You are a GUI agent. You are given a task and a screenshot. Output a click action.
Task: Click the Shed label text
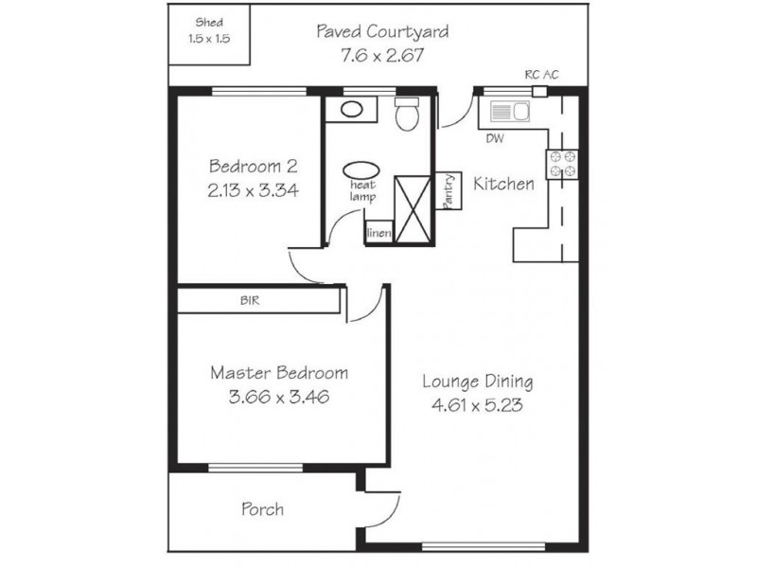click(209, 22)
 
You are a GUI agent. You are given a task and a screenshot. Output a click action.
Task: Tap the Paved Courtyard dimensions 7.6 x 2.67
click(382, 56)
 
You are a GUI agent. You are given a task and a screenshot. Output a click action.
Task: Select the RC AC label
click(541, 75)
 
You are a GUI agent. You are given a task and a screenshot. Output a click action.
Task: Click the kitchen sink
click(510, 112)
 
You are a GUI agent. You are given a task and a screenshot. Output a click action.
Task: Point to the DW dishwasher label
click(495, 138)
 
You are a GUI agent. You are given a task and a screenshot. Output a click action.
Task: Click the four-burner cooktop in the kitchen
click(562, 164)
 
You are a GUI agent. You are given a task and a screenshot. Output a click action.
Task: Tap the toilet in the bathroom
click(407, 114)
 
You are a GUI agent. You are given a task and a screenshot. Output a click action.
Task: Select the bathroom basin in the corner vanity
click(351, 109)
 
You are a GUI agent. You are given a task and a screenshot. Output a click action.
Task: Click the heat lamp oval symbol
click(361, 170)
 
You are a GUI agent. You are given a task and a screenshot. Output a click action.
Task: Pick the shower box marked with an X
click(413, 208)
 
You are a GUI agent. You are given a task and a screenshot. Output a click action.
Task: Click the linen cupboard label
click(379, 233)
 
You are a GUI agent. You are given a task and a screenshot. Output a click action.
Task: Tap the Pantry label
click(449, 191)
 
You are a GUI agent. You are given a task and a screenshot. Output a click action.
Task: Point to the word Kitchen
click(503, 184)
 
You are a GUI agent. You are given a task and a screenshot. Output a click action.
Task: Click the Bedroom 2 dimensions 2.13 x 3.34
click(253, 190)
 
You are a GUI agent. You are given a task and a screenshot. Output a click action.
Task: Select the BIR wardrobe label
click(250, 300)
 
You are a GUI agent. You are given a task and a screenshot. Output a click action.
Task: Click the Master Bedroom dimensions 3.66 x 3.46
click(279, 397)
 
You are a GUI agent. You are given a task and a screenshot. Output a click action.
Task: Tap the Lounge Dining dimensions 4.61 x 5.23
click(477, 405)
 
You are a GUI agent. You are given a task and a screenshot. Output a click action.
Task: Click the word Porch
click(262, 509)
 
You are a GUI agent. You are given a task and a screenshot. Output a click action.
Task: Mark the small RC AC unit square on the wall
click(539, 91)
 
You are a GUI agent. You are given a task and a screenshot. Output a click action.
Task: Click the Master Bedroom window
click(255, 468)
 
